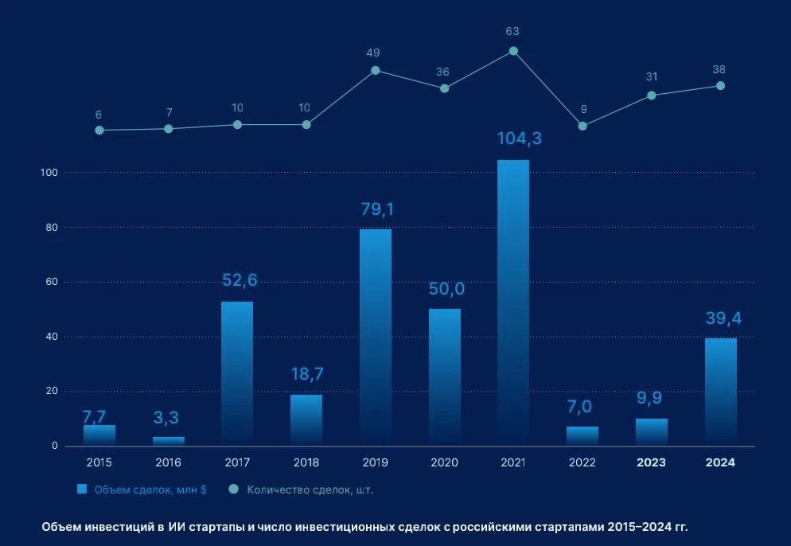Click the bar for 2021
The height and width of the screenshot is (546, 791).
[x=513, y=302]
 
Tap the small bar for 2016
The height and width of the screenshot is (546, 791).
[x=168, y=440]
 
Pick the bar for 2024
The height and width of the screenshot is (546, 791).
[x=721, y=391]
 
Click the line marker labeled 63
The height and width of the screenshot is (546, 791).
[x=513, y=51]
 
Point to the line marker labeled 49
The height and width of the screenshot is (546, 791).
[x=375, y=70]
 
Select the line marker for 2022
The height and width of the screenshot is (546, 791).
[x=583, y=126]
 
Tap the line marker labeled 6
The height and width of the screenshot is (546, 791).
[x=99, y=130]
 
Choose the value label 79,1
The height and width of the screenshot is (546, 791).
[x=375, y=209]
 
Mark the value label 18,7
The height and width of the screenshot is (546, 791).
[x=306, y=374]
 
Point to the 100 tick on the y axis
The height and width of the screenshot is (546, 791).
[x=49, y=173]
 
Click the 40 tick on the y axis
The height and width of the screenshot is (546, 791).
[x=52, y=337]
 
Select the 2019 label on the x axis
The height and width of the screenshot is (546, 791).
[x=375, y=462]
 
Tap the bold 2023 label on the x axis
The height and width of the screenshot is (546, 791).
[x=652, y=462]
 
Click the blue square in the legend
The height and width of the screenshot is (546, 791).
[x=82, y=489]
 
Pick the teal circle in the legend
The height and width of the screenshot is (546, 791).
[x=233, y=489]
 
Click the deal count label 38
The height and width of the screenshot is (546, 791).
[x=719, y=69]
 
